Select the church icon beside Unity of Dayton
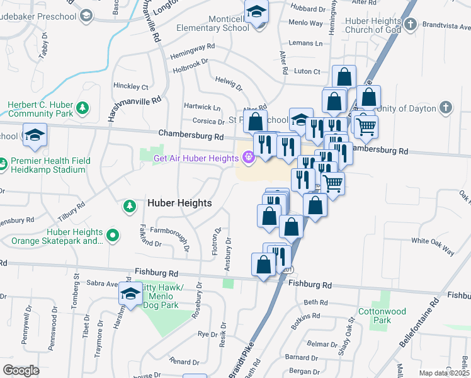pyautogui.click(x=446, y=108)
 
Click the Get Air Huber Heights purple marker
pyautogui.click(x=249, y=157)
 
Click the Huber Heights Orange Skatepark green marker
pyautogui.click(x=113, y=236)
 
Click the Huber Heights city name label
pyautogui.click(x=179, y=203)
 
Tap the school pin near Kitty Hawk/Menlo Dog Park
pyautogui.click(x=130, y=294)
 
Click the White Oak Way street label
pyautogui.click(x=433, y=246)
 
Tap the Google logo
pyautogui.click(x=21, y=370)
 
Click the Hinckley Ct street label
pyautogui.click(x=130, y=86)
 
